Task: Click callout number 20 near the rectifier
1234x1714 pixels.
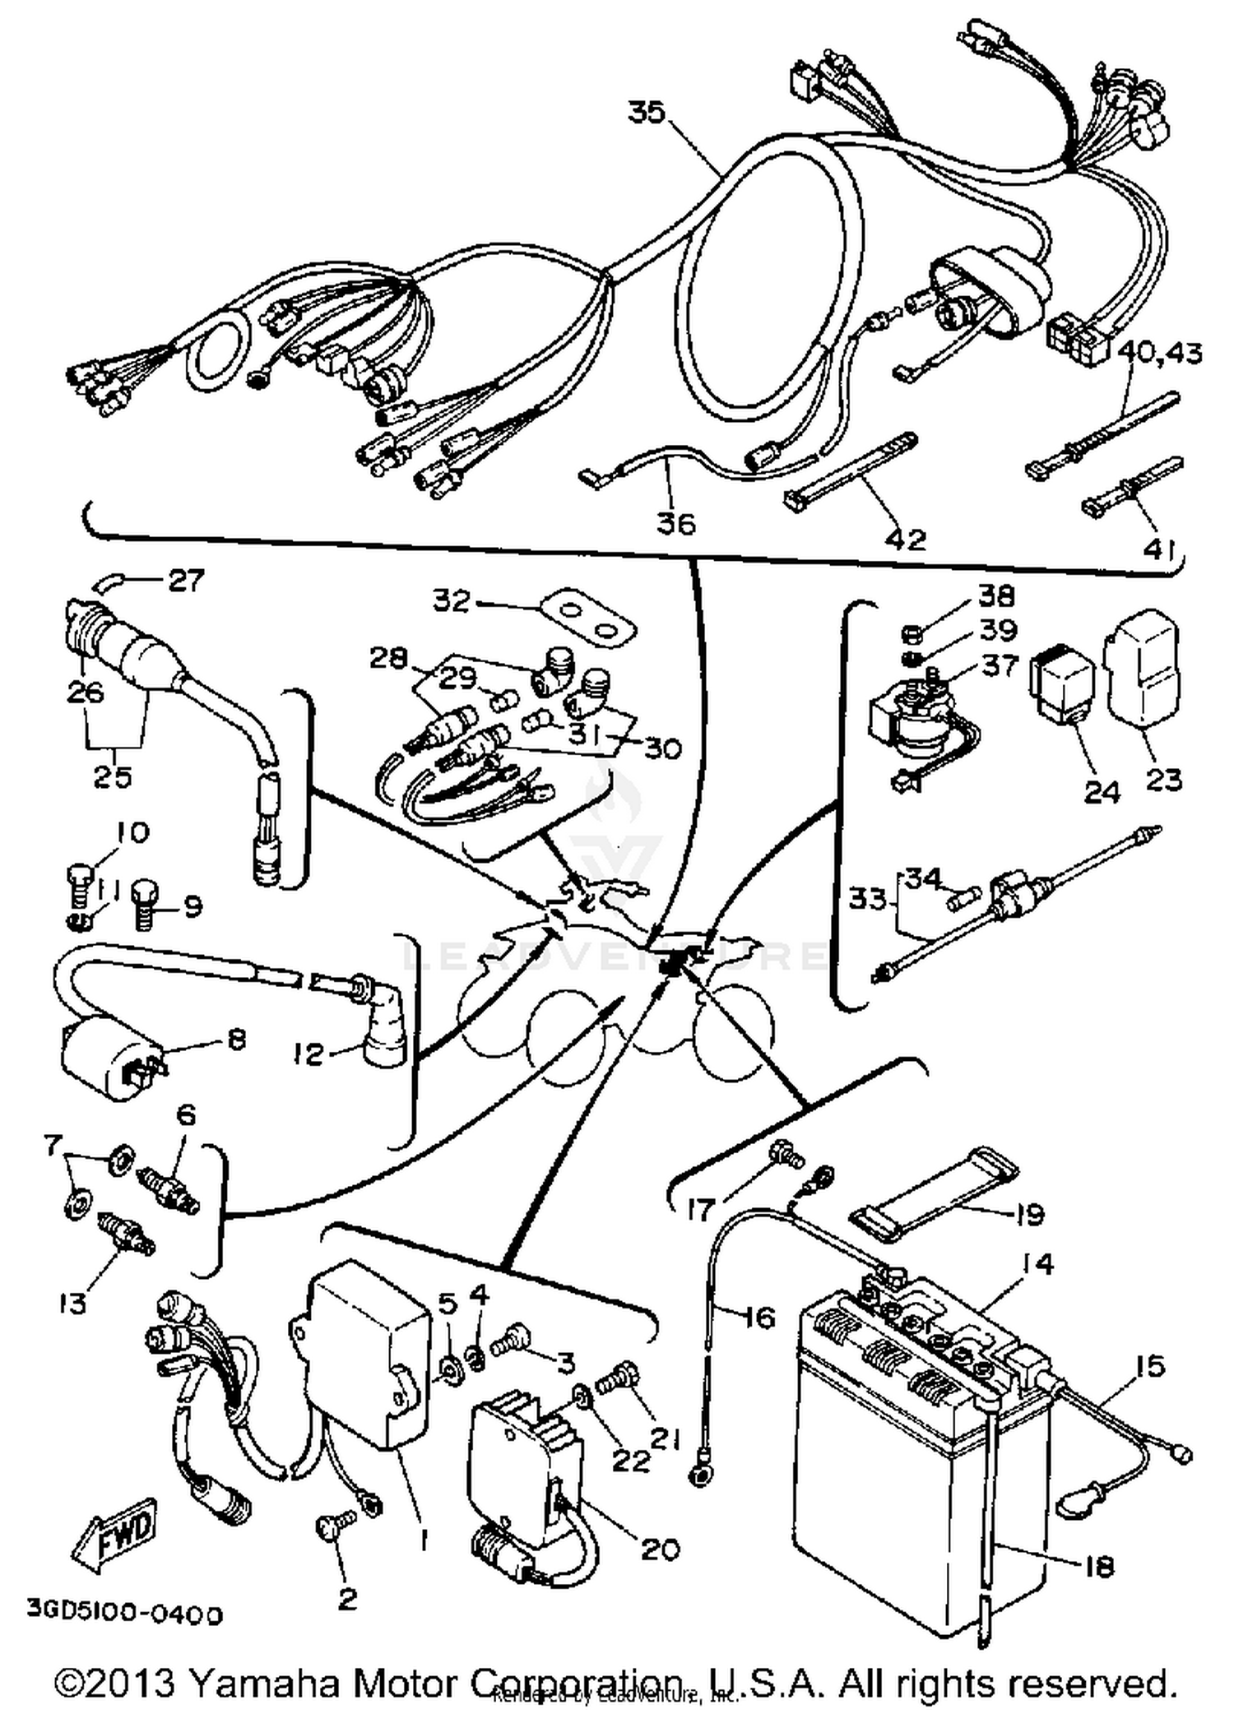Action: [x=660, y=1550]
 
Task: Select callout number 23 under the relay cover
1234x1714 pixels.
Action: [x=1163, y=778]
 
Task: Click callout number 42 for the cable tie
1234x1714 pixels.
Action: [x=905, y=539]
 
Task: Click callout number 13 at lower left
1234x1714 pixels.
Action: [x=72, y=1303]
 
